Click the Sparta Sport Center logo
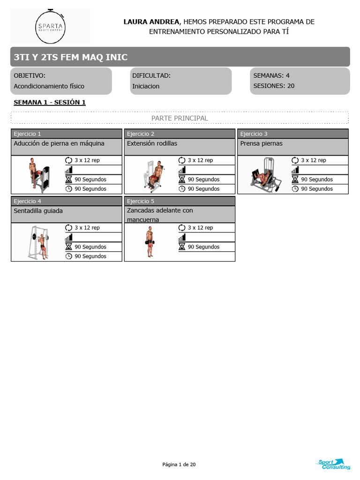(x=50, y=27)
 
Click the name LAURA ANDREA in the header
(x=151, y=22)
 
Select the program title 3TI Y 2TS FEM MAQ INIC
(x=70, y=57)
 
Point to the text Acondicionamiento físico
(x=49, y=86)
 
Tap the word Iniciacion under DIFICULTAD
(x=146, y=86)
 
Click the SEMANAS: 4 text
(x=271, y=75)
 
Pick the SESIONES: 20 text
(x=274, y=86)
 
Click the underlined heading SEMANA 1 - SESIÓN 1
(x=50, y=103)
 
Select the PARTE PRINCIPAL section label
(x=180, y=118)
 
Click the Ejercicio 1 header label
(x=28, y=134)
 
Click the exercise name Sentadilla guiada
(x=38, y=211)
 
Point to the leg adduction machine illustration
(x=38, y=174)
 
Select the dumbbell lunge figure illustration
(x=150, y=242)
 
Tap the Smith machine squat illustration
(x=38, y=242)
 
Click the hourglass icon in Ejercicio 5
(x=182, y=247)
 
